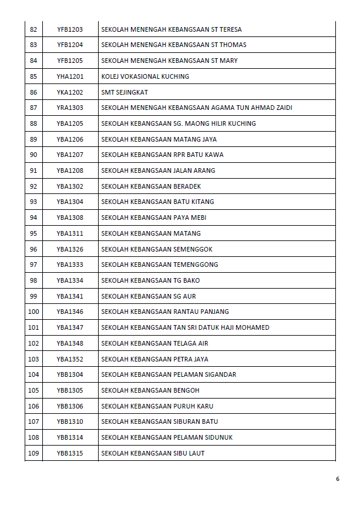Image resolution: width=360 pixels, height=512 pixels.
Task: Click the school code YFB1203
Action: tap(69, 29)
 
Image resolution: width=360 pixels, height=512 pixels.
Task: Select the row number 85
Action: tap(33, 76)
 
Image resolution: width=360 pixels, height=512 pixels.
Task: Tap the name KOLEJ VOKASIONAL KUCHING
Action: tap(145, 76)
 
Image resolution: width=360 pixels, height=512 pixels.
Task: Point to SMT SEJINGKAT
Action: tap(125, 92)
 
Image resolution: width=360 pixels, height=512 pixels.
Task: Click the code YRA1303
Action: tap(69, 108)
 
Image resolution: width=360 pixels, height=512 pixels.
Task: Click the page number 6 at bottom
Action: tap(338, 479)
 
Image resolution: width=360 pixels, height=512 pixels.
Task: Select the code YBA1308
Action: tap(69, 217)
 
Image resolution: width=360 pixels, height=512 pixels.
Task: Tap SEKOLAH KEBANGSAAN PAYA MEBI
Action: tap(153, 217)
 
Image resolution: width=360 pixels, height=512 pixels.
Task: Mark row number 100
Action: tap(33, 312)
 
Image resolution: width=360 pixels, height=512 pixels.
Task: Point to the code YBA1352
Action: tap(69, 359)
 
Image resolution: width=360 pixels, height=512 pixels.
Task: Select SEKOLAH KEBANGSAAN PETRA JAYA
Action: tap(154, 359)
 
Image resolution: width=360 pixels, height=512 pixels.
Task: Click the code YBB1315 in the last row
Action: tap(69, 453)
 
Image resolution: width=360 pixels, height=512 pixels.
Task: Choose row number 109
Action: tap(33, 453)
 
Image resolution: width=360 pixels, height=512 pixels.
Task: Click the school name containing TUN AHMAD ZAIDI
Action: tap(197, 108)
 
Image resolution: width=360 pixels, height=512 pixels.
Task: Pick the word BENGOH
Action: tap(187, 390)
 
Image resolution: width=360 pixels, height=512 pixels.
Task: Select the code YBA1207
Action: tap(69, 155)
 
